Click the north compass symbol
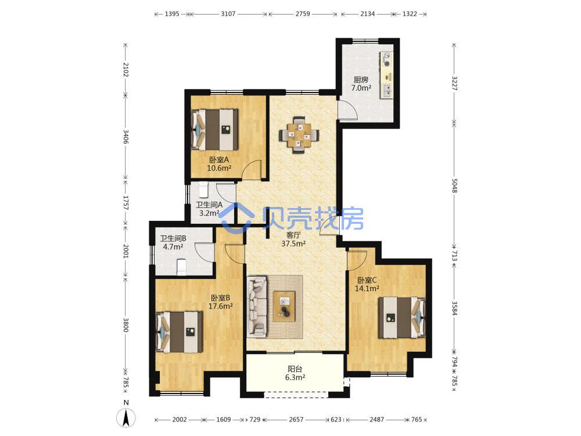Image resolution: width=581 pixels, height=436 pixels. tap(126, 417)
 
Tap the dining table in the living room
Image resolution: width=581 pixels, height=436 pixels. tap(299, 135)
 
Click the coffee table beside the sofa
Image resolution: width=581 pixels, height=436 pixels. tap(284, 306)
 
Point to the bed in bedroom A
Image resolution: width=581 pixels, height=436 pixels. tap(214, 130)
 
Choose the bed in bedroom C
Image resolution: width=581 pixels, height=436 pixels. tap(401, 317)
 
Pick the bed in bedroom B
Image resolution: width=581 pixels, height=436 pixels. tap(180, 332)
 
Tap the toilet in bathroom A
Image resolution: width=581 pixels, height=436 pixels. tap(204, 190)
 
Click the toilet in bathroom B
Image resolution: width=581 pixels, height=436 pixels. tap(181, 267)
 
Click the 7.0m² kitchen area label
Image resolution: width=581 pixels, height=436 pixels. tap(361, 88)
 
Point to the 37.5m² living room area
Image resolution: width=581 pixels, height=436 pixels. tap(293, 244)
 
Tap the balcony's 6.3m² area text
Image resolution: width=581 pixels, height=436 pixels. tap(295, 377)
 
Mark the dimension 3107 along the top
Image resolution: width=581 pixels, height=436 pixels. tap(228, 14)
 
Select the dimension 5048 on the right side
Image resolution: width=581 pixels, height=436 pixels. tap(454, 185)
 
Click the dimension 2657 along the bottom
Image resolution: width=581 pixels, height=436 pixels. tap(296, 419)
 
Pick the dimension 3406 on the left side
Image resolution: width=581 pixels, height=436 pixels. tap(125, 137)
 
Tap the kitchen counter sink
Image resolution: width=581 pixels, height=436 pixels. tap(386, 91)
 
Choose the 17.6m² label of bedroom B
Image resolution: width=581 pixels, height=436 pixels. tap(220, 306)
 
